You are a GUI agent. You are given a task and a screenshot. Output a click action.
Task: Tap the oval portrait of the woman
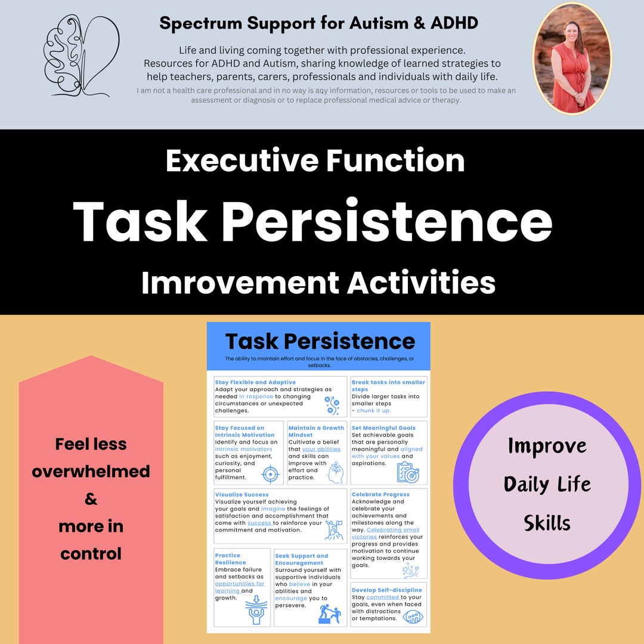572,58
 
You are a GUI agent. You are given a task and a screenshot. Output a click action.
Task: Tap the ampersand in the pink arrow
91,499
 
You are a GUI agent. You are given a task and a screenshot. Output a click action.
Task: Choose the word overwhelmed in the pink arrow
91,472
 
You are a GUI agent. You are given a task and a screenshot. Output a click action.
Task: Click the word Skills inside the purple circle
547,523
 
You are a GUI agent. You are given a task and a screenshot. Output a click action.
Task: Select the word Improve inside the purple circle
547,446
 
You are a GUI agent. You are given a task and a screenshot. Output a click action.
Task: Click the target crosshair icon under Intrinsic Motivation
271,474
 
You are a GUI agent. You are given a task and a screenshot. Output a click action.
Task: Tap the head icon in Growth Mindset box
335,472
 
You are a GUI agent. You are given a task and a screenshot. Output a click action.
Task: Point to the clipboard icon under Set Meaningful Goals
408,472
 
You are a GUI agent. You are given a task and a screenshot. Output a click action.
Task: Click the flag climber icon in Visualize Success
333,530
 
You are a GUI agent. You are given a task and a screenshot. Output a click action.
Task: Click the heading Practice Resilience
230,559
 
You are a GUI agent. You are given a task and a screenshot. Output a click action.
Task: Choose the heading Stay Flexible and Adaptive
255,382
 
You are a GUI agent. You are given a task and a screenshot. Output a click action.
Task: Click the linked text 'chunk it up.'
374,410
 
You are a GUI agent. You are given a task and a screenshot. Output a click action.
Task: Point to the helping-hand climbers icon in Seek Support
329,614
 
